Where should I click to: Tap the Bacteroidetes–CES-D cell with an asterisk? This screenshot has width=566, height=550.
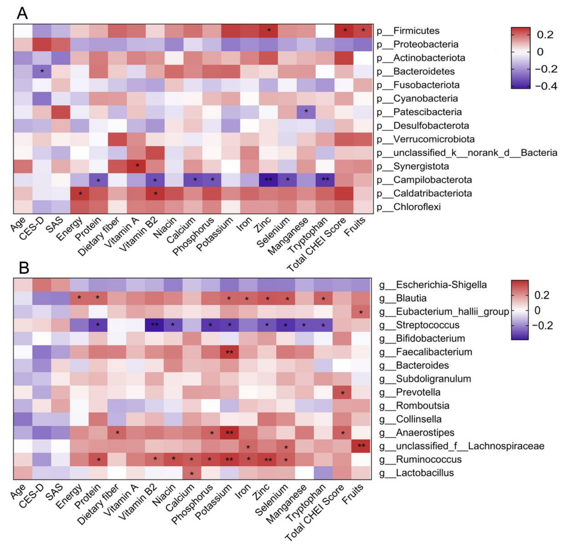(x=42, y=71)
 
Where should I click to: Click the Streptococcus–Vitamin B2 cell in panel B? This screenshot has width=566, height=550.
(x=155, y=325)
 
